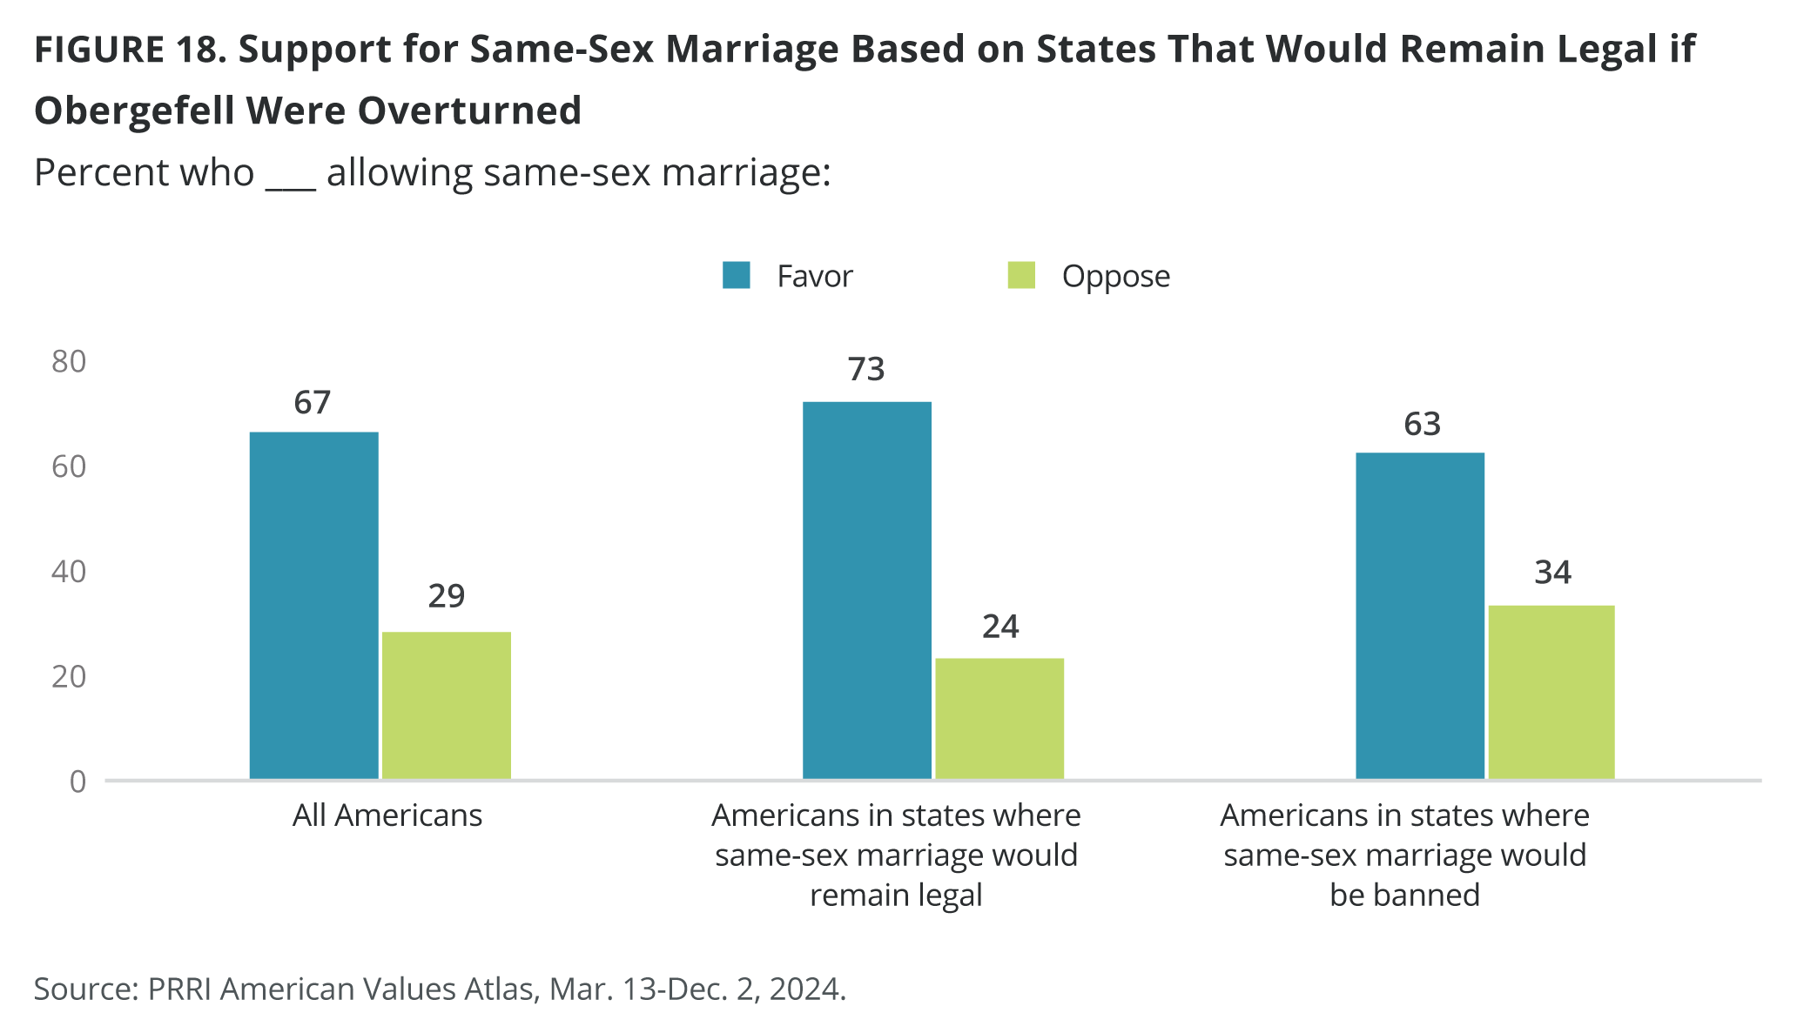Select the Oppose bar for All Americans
447,705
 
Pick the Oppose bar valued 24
999,718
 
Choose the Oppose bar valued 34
1551,692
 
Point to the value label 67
313,403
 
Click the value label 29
447,596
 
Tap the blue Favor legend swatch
737,275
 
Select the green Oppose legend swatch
1021,275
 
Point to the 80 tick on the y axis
69,361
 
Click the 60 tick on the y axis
69,466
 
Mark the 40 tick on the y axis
69,572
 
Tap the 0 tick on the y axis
78,781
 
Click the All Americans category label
387,815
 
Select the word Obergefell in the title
134,111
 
